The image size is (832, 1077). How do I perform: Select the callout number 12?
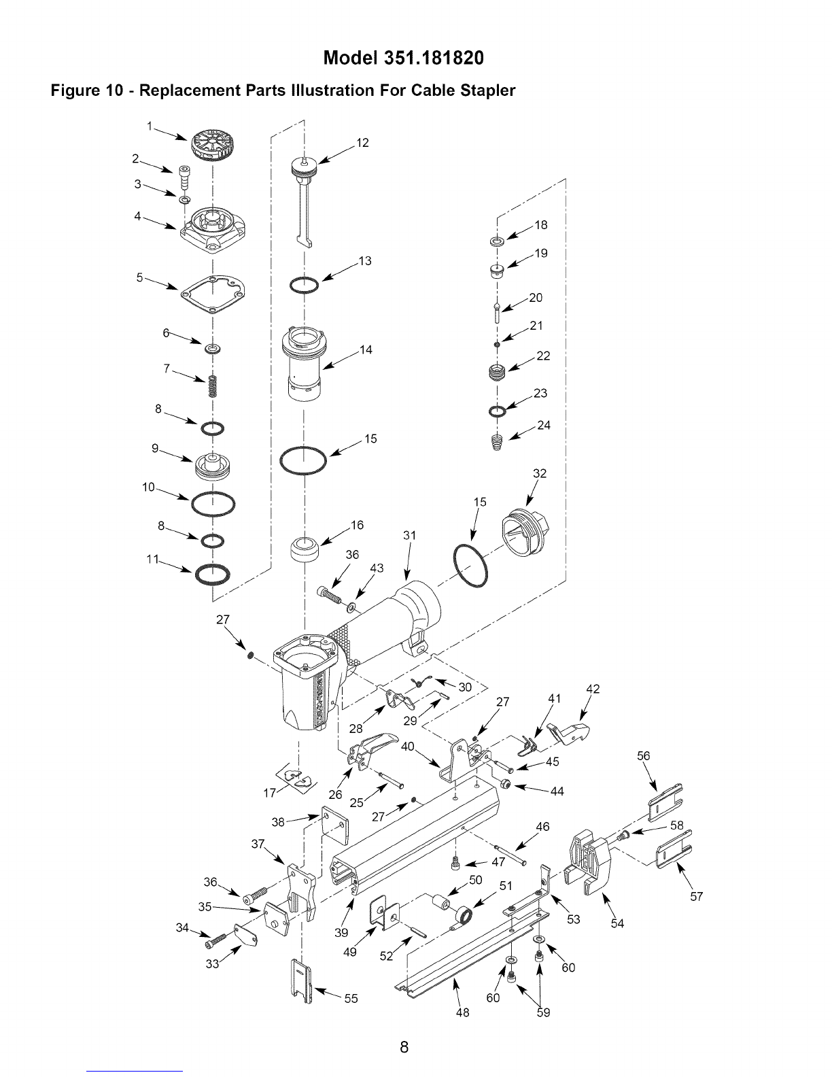(362, 143)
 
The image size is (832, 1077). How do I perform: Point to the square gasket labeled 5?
(213, 295)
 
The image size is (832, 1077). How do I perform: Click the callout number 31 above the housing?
(409, 535)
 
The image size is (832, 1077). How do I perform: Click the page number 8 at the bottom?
(404, 1047)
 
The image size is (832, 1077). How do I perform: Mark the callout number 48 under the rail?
(462, 1012)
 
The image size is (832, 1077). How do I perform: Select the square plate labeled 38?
(335, 825)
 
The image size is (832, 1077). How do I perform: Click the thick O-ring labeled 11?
(213, 575)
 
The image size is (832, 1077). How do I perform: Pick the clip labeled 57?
(674, 849)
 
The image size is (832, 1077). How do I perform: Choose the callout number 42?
(593, 689)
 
